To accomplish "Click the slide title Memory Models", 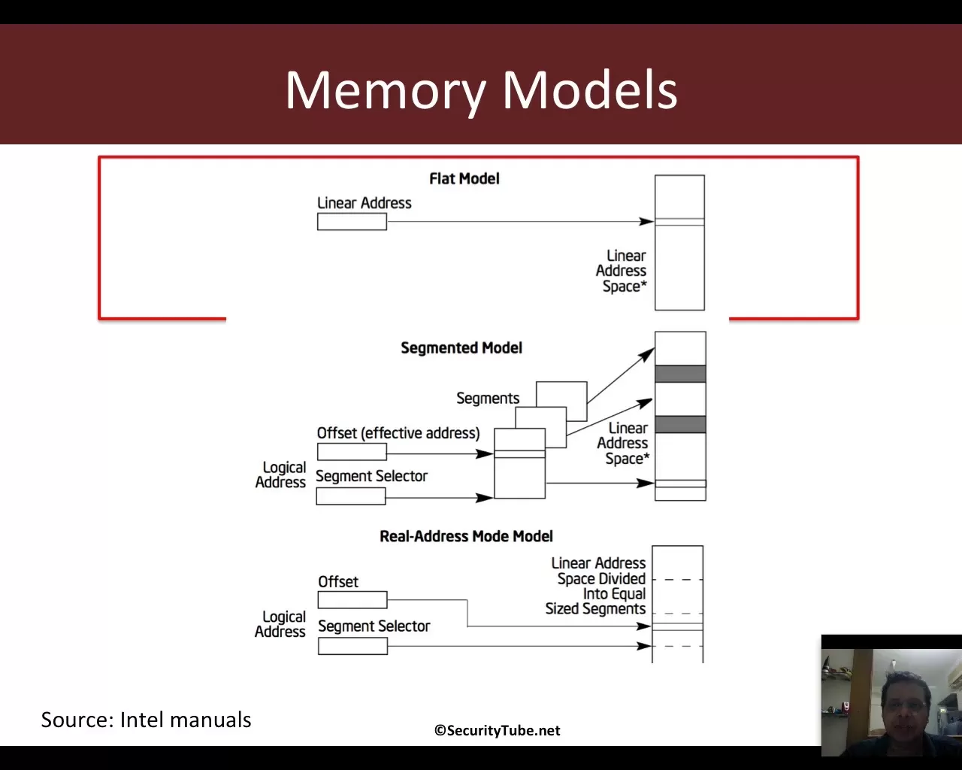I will (481, 89).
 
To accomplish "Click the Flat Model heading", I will (464, 178).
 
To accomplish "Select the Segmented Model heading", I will (461, 347).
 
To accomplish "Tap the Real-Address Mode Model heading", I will (466, 536).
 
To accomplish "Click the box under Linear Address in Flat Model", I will (352, 222).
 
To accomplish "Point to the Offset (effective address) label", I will (398, 433).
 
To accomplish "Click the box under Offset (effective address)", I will (352, 452).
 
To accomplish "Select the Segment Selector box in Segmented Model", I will (351, 496).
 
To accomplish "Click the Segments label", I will (488, 398).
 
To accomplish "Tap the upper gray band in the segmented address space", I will (680, 374).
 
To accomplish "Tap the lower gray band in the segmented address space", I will (680, 424).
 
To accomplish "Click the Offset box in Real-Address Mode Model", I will (352, 600).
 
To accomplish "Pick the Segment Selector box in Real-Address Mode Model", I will (352, 646).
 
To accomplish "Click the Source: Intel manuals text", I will (146, 720).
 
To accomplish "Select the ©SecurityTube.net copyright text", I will (497, 730).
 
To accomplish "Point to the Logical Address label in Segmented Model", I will (280, 474).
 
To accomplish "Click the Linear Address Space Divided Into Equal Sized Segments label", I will (597, 586).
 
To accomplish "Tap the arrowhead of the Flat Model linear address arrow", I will (646, 221).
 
